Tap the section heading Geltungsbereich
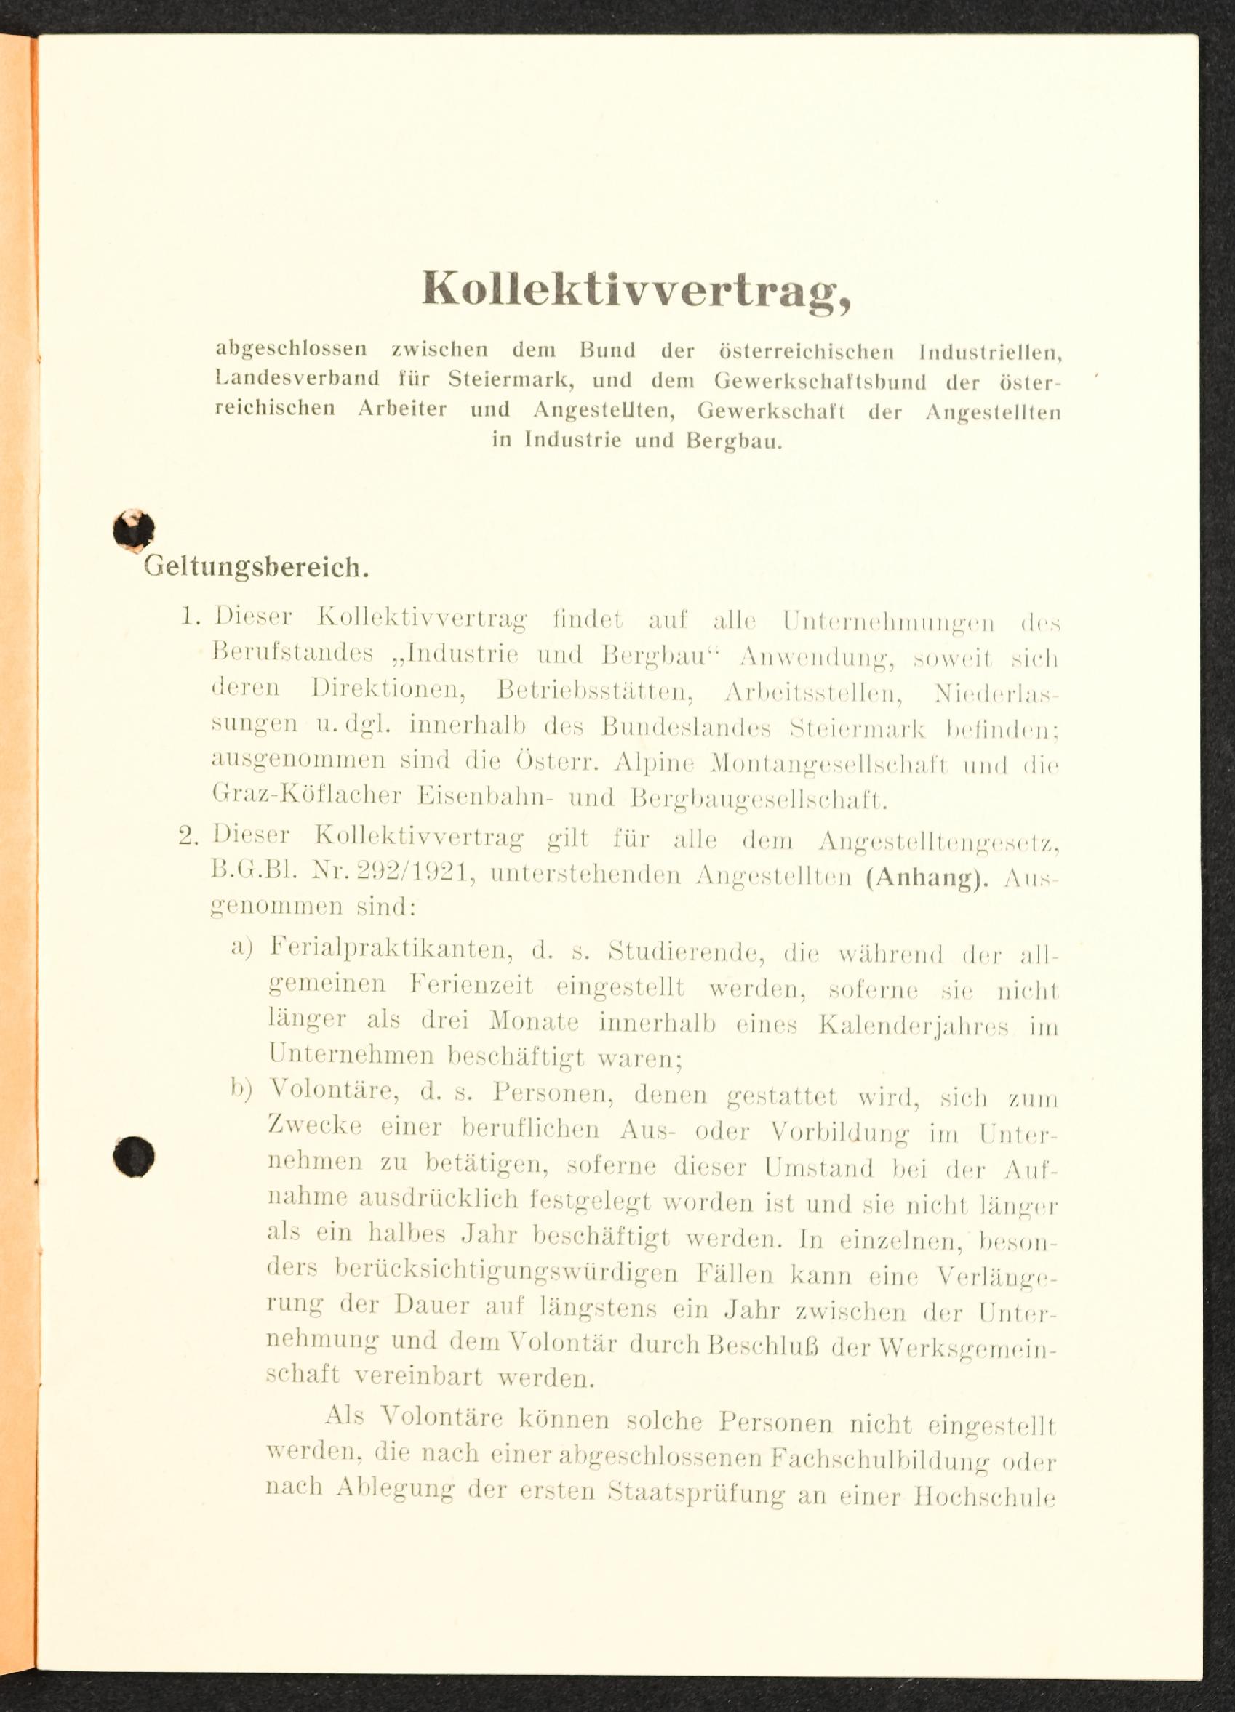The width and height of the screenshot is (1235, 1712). click(x=256, y=567)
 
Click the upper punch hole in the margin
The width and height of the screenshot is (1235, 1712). click(x=134, y=529)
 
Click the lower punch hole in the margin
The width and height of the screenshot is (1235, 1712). click(x=134, y=1156)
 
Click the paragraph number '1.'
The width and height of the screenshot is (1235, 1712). click(x=191, y=616)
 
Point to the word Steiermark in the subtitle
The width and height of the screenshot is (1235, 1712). click(x=511, y=379)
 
